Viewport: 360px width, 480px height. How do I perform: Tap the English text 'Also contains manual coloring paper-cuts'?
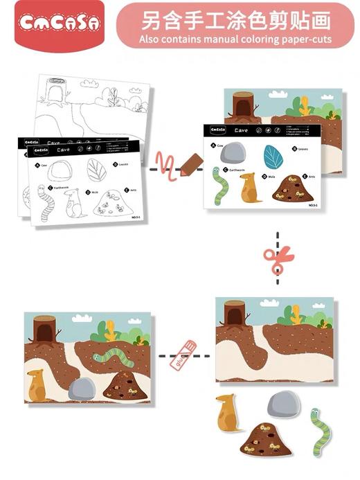coord(235,39)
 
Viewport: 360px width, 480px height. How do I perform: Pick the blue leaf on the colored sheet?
coord(273,157)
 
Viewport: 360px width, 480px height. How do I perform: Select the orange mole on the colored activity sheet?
coord(249,188)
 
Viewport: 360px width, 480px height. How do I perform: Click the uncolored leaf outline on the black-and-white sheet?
coord(96,170)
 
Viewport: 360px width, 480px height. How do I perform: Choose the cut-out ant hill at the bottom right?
coord(267,438)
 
